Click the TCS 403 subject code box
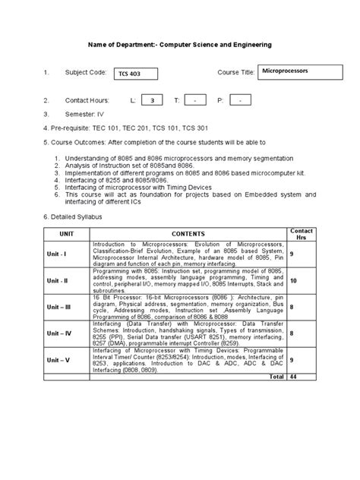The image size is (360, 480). pyautogui.click(x=137, y=74)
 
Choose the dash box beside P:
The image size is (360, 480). pyautogui.click(x=240, y=100)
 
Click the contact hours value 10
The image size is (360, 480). pyautogui.click(x=295, y=280)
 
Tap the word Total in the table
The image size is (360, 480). pyautogui.click(x=276, y=377)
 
